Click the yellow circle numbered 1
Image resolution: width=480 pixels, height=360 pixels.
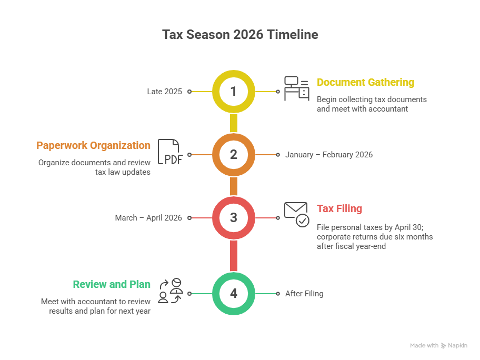coord(234,92)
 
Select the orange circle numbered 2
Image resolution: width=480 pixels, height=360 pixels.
coord(234,155)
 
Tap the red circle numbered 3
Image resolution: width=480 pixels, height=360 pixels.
coord(234,218)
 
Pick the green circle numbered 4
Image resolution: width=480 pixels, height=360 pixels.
coord(234,294)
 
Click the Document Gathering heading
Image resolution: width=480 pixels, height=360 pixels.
coord(365,83)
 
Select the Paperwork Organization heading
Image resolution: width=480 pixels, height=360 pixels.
coord(93,146)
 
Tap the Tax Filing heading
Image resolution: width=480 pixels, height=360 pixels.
coord(339,209)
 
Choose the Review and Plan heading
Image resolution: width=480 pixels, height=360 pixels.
coord(112,285)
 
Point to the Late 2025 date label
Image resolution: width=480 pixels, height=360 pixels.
coord(164,92)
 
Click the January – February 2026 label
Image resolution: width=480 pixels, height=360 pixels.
coord(329,155)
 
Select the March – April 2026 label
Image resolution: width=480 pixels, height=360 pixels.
coord(148,218)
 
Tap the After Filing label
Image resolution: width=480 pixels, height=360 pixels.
coord(304,294)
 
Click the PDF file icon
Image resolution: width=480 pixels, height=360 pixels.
coord(170,153)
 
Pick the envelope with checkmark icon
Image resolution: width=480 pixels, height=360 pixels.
coord(297,214)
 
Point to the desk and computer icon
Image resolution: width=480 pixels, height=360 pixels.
coord(297,88)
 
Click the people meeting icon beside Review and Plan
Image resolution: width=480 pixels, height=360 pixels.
coord(171,291)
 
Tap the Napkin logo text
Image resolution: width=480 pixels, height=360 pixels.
coord(457,346)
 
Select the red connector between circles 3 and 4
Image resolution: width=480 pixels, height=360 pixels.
coord(234,256)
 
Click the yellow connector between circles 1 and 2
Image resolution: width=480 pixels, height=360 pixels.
coord(234,123)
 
